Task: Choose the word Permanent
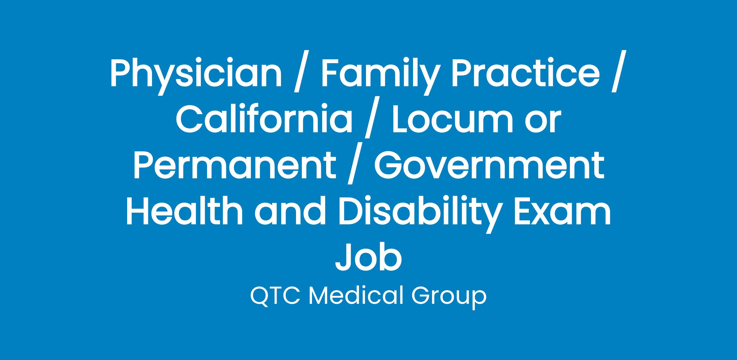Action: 235,165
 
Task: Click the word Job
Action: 368,257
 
